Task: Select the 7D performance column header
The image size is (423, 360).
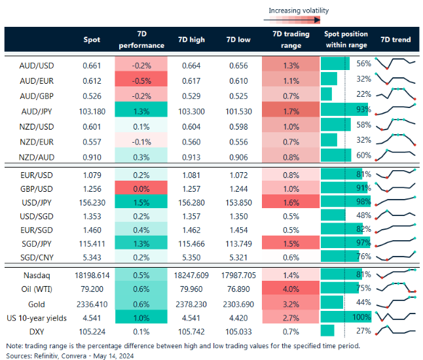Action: tap(141, 40)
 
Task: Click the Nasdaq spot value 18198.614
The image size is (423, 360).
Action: tap(92, 274)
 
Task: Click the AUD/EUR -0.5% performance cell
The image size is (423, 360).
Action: tap(141, 79)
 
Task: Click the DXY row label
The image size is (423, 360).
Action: tap(36, 331)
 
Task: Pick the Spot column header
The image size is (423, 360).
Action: tap(92, 40)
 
